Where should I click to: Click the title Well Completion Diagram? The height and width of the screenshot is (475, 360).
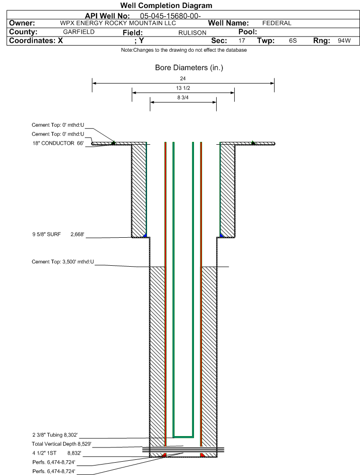click(166, 5)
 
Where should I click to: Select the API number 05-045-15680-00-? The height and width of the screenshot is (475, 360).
click(170, 16)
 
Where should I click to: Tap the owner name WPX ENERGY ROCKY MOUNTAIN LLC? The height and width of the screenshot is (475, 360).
click(118, 23)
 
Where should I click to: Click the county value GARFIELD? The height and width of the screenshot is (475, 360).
click(79, 32)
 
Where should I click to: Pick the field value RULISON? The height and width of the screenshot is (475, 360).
click(192, 33)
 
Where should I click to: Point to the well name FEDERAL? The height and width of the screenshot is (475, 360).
click(277, 23)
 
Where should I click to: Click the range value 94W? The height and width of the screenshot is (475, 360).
click(344, 41)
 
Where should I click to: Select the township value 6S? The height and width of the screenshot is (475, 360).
click(293, 41)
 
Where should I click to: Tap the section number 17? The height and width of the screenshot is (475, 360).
click(241, 41)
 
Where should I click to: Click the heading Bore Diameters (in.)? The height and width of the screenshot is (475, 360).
click(189, 67)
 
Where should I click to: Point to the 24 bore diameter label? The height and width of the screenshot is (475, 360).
click(183, 78)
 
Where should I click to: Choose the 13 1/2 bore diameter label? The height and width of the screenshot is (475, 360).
click(183, 88)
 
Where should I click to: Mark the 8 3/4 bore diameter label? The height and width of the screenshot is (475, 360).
click(183, 98)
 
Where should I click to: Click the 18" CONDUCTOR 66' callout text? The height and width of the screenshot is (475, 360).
click(58, 143)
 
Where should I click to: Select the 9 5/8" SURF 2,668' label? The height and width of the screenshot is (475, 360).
click(58, 234)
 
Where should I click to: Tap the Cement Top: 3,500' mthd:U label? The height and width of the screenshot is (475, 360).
click(63, 262)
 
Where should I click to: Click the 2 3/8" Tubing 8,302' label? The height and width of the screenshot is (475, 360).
click(55, 435)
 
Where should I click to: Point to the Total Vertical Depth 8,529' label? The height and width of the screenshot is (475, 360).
click(62, 444)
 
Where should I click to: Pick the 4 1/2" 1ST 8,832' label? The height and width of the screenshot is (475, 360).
click(56, 454)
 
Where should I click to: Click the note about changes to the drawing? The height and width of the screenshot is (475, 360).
click(184, 50)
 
